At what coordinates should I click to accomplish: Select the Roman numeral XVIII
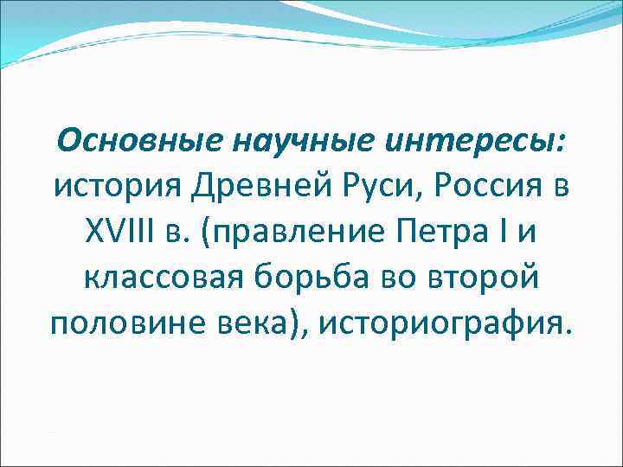coord(118,232)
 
